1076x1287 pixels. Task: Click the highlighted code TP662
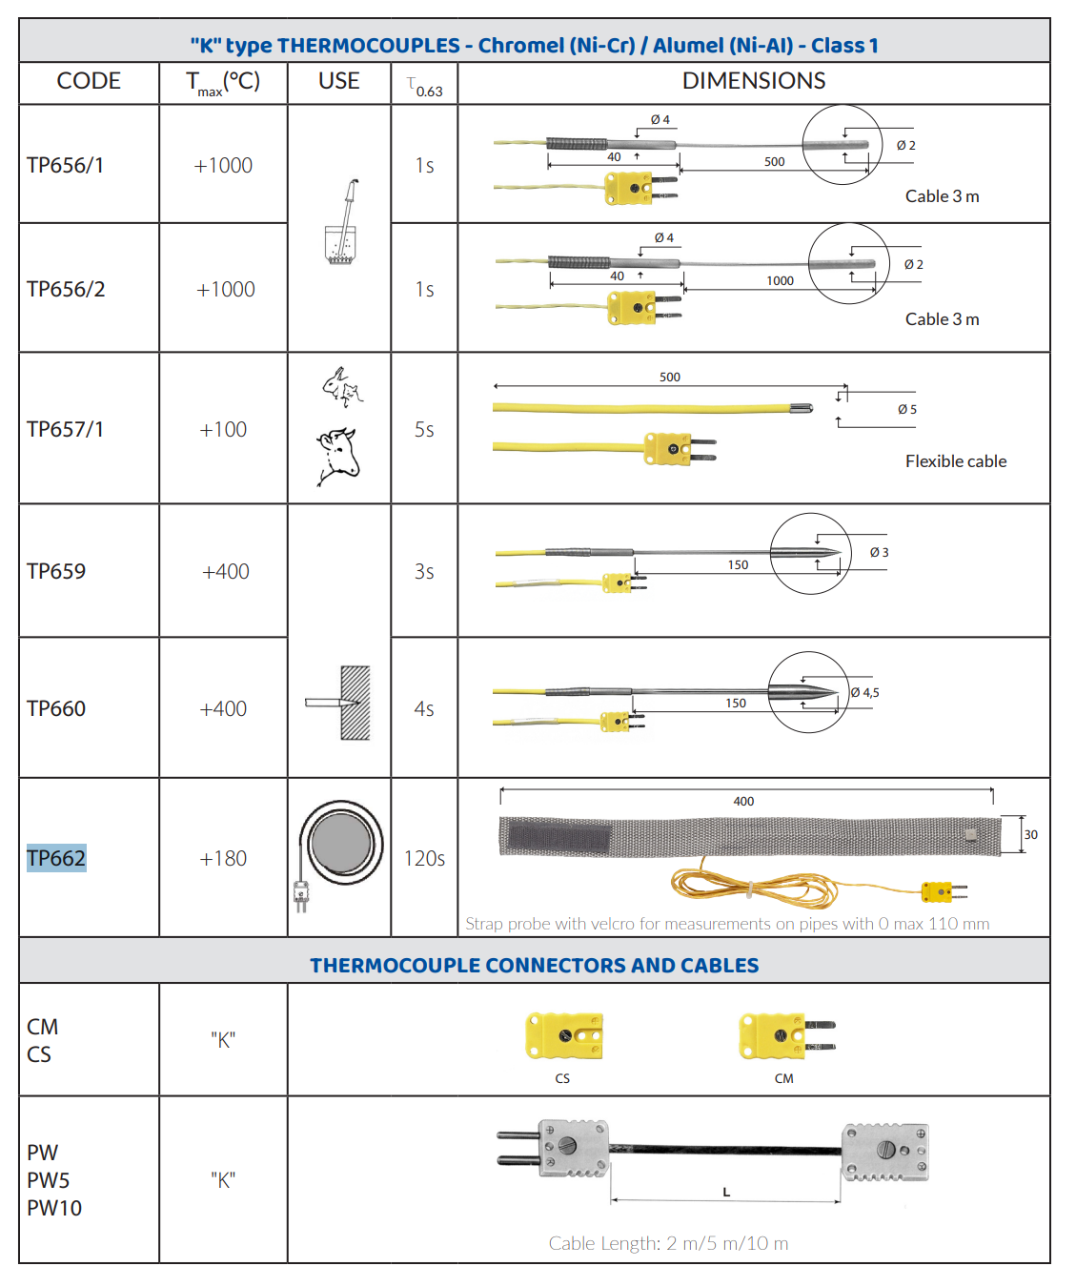[x=56, y=858]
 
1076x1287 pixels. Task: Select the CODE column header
[x=89, y=81]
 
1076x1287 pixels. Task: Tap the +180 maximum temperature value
[x=222, y=858]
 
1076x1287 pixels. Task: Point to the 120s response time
[x=424, y=858]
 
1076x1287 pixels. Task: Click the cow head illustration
[x=337, y=456]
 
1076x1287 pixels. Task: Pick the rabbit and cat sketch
[x=343, y=387]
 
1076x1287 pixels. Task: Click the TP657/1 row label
[x=65, y=429]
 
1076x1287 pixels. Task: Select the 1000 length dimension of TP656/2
[x=780, y=281]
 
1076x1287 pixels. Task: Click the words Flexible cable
[x=956, y=461]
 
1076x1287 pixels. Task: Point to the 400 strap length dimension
[x=743, y=802]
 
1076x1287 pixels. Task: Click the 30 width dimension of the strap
[x=1030, y=834]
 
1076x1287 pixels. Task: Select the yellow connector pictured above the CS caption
[x=564, y=1035]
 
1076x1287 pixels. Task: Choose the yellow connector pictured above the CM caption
[x=787, y=1035]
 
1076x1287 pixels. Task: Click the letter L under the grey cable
[x=726, y=1192]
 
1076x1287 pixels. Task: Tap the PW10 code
[x=54, y=1208]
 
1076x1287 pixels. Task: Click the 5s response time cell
[x=424, y=429]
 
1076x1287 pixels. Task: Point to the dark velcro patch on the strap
[x=558, y=838]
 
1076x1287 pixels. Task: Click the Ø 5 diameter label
[x=907, y=409]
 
